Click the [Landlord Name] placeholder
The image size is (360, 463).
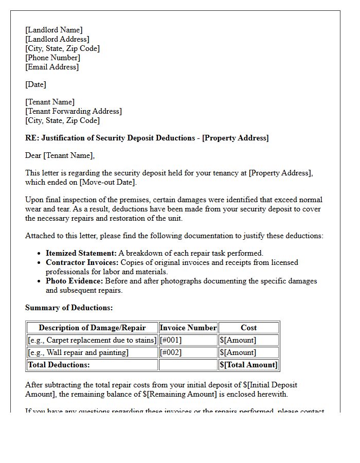(54, 30)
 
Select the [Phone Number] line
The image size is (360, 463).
(52, 58)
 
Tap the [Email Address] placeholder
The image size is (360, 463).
(52, 67)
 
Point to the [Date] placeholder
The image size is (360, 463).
(35, 84)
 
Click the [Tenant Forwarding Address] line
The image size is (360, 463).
(74, 111)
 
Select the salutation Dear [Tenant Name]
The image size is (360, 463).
(60, 155)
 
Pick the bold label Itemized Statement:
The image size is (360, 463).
(81, 253)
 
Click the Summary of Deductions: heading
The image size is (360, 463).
(69, 308)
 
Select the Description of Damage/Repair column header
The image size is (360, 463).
(92, 328)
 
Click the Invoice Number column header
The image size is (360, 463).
(188, 328)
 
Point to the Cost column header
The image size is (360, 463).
(248, 328)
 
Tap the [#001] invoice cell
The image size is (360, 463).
(171, 340)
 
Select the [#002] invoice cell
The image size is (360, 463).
(171, 352)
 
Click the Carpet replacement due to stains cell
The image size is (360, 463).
(92, 340)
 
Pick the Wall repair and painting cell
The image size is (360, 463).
(78, 352)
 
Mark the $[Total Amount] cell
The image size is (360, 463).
(248, 365)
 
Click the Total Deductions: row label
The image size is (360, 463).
(59, 365)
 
